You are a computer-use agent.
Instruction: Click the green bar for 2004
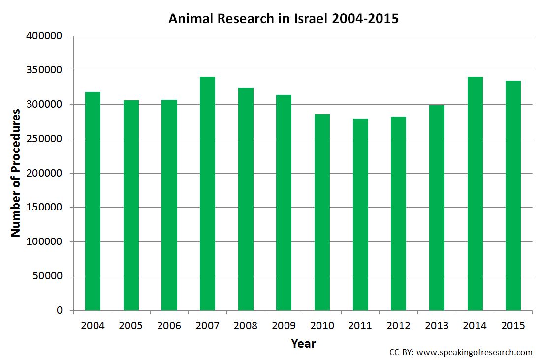tap(93, 201)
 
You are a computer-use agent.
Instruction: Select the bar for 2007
tap(207, 194)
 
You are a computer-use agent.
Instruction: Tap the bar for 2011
tap(360, 214)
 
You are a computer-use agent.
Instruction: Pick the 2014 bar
tap(475, 194)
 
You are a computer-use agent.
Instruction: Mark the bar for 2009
tap(284, 203)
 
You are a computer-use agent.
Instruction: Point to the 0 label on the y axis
tap(60, 310)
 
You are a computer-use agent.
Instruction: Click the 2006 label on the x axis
tap(169, 326)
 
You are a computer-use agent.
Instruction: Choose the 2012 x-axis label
tap(398, 326)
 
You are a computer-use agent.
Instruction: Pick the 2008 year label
tap(245, 326)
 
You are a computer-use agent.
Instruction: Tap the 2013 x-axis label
tap(437, 326)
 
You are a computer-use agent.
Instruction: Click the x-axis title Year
tap(303, 343)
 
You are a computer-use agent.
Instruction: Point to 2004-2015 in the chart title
tap(367, 19)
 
